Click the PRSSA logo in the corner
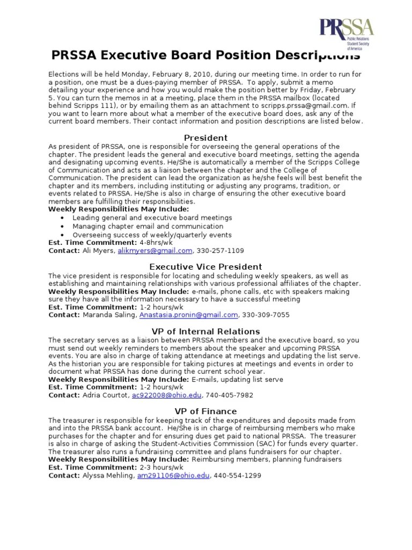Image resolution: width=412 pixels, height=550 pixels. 347,33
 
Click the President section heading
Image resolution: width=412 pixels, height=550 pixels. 206,137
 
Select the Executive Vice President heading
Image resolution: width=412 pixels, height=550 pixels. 206,266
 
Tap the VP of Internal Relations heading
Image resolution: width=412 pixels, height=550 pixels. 206,331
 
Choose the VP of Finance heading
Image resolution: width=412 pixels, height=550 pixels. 206,411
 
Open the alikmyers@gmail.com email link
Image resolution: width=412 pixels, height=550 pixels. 155,250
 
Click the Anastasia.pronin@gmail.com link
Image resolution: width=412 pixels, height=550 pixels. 188,315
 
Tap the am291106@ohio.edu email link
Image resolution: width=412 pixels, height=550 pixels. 173,475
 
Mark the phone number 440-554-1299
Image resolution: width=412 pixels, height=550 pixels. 238,475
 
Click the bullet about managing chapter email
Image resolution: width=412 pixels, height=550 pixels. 141,226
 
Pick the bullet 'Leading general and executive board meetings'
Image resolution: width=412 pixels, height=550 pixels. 152,218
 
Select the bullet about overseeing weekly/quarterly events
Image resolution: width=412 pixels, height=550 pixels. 152,235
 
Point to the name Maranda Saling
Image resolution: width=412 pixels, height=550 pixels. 109,315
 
